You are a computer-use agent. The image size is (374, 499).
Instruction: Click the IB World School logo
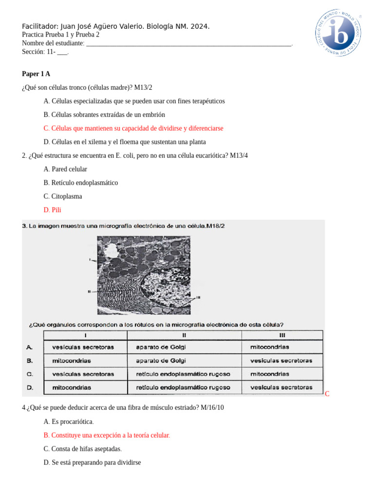pyautogui.click(x=337, y=32)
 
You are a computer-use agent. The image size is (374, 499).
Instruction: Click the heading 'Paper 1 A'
pyautogui.click(x=36, y=74)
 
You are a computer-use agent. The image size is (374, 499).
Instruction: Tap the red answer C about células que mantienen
pyautogui.click(x=133, y=128)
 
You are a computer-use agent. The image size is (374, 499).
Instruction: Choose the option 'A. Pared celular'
pyautogui.click(x=65, y=169)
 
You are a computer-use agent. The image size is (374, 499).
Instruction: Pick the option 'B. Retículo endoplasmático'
pyautogui.click(x=80, y=183)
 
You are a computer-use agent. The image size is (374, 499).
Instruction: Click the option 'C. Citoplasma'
pyautogui.click(x=63, y=196)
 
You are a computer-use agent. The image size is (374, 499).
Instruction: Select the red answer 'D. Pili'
pyautogui.click(x=52, y=210)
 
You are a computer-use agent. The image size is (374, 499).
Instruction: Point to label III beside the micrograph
pyautogui.click(x=198, y=298)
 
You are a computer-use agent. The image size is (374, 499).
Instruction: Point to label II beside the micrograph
pyautogui.click(x=89, y=291)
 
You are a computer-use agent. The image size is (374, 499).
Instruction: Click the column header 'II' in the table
pyautogui.click(x=184, y=335)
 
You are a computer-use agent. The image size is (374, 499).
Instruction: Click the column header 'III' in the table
pyautogui.click(x=282, y=335)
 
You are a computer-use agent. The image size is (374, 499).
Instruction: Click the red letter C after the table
pyautogui.click(x=327, y=394)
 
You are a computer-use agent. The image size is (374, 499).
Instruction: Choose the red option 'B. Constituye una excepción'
pyautogui.click(x=107, y=435)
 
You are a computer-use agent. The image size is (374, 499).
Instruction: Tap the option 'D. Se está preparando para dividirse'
pyautogui.click(x=92, y=462)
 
